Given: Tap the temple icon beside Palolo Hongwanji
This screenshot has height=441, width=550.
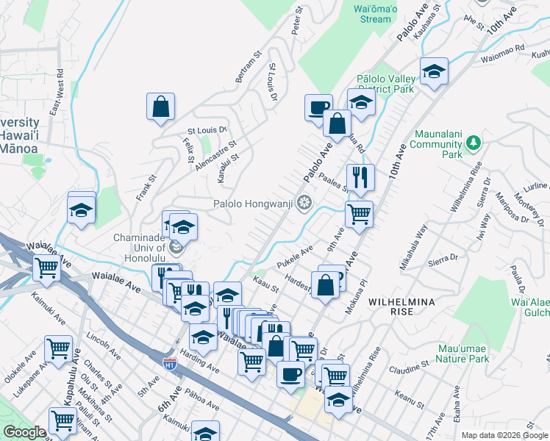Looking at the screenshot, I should coord(303,204).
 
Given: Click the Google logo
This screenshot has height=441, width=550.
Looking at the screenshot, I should coord(24,432).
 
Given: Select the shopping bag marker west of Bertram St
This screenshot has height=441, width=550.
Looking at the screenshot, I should coord(160,107).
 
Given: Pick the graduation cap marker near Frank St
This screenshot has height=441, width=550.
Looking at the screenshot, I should coord(81,211).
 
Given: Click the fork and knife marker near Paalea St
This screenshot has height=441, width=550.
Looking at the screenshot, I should coord(360,178).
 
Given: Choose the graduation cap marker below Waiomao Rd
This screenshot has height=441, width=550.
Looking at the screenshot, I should coord(434,72).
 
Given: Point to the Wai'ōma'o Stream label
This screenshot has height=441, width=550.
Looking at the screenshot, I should coord(376,14).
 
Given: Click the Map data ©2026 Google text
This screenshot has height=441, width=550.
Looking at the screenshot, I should coord(504,435).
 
